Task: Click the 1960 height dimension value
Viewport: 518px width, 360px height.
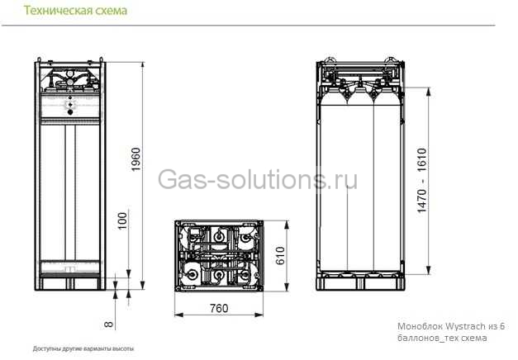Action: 136,160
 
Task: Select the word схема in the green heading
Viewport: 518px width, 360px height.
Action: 108,11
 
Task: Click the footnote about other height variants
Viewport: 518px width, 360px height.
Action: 83,348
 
